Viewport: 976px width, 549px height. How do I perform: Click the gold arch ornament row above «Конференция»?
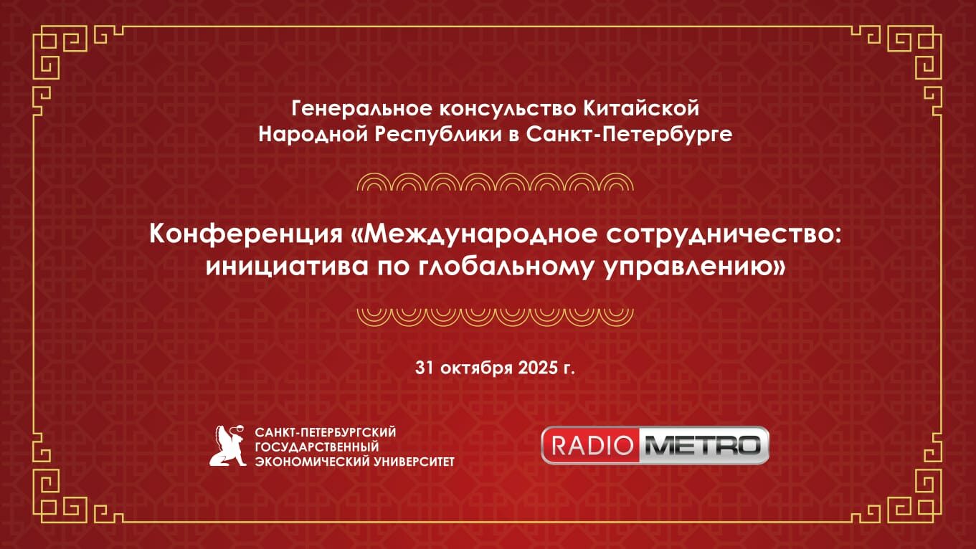(x=495, y=183)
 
